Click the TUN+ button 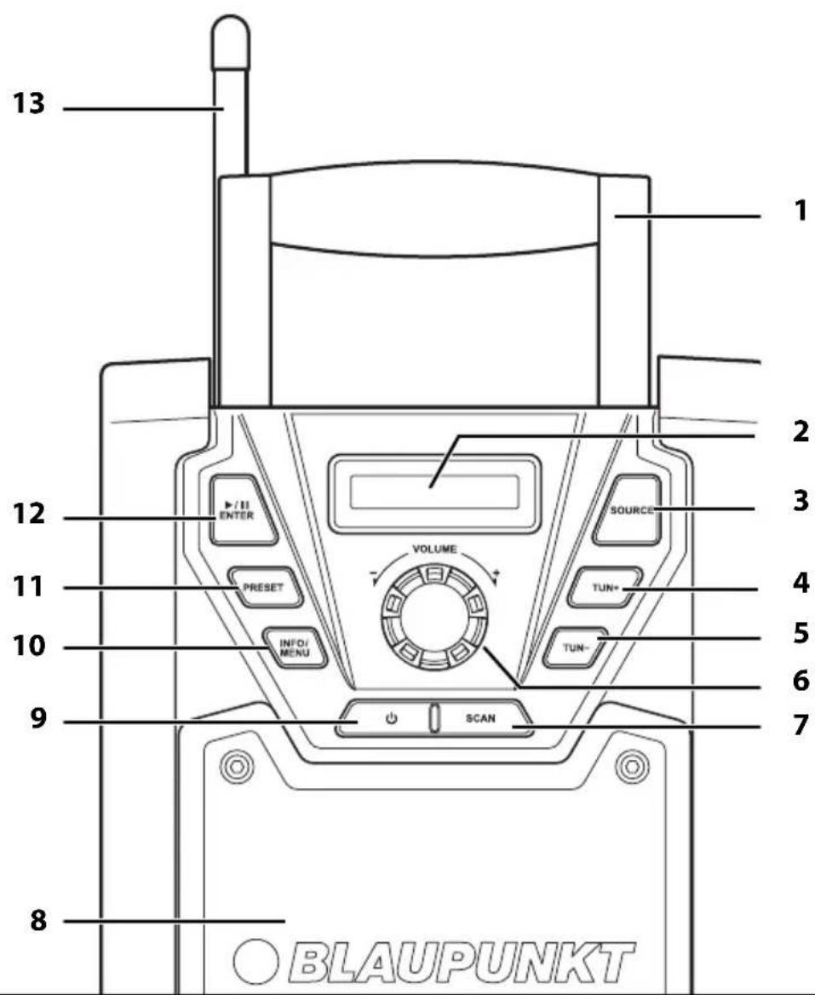[x=605, y=588]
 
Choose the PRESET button [x=264, y=588]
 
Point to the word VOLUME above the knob [x=434, y=549]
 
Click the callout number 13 [x=29, y=103]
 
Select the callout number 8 [x=38, y=919]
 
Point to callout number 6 [x=801, y=681]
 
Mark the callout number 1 [x=802, y=211]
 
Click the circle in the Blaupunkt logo [x=255, y=962]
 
